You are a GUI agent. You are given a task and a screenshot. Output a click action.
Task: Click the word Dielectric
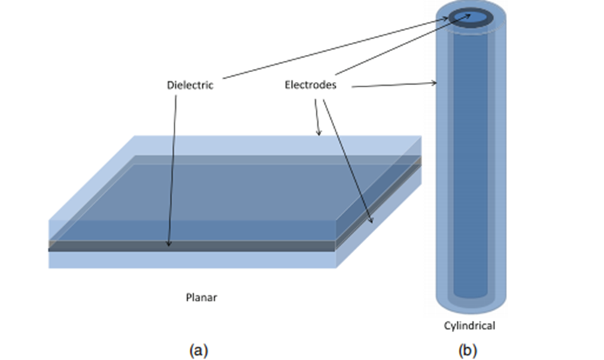click(x=190, y=85)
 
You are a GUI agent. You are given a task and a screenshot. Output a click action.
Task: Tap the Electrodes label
click(x=311, y=85)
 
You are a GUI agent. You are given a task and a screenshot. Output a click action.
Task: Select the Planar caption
click(x=202, y=297)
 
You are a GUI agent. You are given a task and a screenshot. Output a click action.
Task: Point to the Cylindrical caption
click(x=469, y=325)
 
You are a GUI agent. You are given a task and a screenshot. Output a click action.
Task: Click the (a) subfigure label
click(x=199, y=351)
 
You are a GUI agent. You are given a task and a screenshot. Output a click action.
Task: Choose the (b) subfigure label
click(x=468, y=351)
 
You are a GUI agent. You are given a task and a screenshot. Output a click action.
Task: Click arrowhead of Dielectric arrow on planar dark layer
click(x=168, y=244)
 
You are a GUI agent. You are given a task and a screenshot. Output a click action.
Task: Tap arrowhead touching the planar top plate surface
click(x=319, y=133)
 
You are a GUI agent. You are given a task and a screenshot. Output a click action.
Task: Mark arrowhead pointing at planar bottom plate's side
click(x=371, y=220)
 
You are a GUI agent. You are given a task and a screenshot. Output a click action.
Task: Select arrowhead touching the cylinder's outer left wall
click(x=435, y=83)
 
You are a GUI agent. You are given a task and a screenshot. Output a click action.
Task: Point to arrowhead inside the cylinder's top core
click(x=468, y=16)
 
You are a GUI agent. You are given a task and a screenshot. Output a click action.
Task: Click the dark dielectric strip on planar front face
click(x=193, y=246)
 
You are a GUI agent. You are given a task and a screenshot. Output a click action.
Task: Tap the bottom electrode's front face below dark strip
click(x=193, y=260)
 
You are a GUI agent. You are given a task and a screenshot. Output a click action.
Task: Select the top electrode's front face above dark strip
click(x=193, y=230)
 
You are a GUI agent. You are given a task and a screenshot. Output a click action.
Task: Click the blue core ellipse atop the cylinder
click(x=471, y=18)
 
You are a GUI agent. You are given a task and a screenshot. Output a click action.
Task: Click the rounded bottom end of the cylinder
click(x=471, y=306)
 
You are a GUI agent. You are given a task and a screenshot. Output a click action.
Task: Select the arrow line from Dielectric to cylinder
click(x=335, y=48)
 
